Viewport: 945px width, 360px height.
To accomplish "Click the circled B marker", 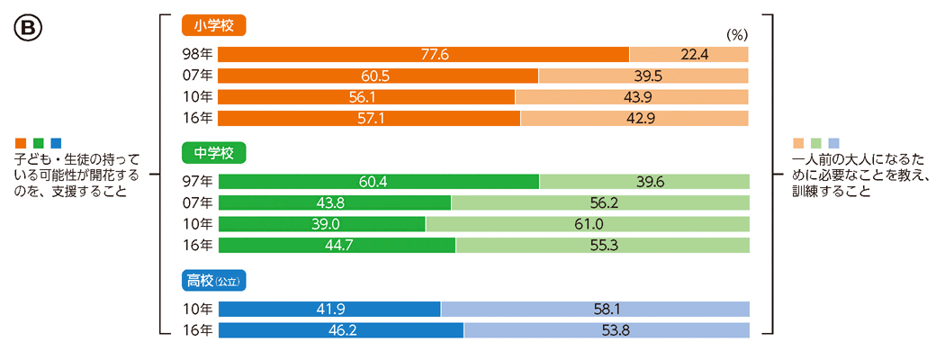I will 23,28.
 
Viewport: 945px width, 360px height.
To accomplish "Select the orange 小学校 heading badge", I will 213,25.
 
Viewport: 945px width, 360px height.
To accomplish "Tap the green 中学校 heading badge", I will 213,151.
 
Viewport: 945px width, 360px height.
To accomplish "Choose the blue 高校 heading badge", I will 213,281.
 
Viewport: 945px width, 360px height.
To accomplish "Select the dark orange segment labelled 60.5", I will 378,76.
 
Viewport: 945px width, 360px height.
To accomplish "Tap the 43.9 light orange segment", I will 632,96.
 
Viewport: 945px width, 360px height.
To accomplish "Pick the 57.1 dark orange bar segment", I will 369,118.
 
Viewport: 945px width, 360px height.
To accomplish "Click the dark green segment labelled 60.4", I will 378,182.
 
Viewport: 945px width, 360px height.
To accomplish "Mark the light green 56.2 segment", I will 599,202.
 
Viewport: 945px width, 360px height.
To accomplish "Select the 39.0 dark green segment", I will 321,223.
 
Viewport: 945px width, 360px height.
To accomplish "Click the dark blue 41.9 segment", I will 329,309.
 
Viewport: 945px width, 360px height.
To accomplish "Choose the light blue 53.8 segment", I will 607,329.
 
